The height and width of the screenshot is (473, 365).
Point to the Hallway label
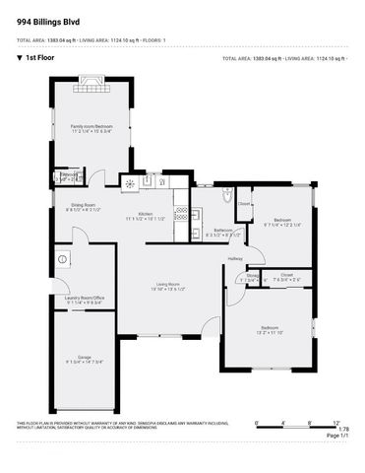(235, 258)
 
